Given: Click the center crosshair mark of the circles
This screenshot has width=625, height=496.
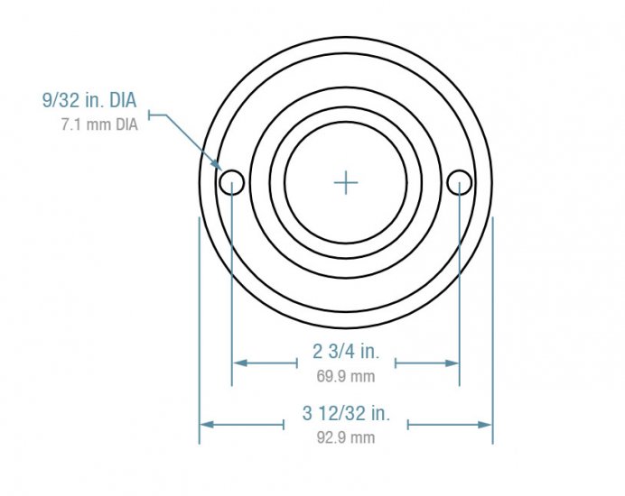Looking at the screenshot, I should click(346, 183).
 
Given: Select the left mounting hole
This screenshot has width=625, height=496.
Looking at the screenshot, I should click(232, 182).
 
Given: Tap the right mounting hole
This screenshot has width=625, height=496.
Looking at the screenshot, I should click(460, 182).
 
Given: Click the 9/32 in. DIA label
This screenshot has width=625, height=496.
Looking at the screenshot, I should click(89, 101).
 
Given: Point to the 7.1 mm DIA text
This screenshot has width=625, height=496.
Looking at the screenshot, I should click(99, 124).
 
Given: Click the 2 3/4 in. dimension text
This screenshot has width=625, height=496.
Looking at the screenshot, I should click(346, 352).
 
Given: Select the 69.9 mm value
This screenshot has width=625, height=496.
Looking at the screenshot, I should click(346, 376).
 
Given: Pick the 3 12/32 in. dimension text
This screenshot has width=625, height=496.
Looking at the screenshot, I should click(346, 414).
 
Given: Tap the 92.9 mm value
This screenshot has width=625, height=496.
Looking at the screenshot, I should click(346, 437).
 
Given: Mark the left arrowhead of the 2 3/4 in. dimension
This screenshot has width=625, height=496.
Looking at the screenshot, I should click(239, 363).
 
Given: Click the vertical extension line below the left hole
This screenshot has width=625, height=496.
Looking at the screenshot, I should click(232, 289).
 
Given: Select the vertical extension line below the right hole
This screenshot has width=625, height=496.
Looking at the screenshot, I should click(460, 289).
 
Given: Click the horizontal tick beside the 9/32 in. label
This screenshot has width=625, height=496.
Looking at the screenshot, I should click(159, 114).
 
